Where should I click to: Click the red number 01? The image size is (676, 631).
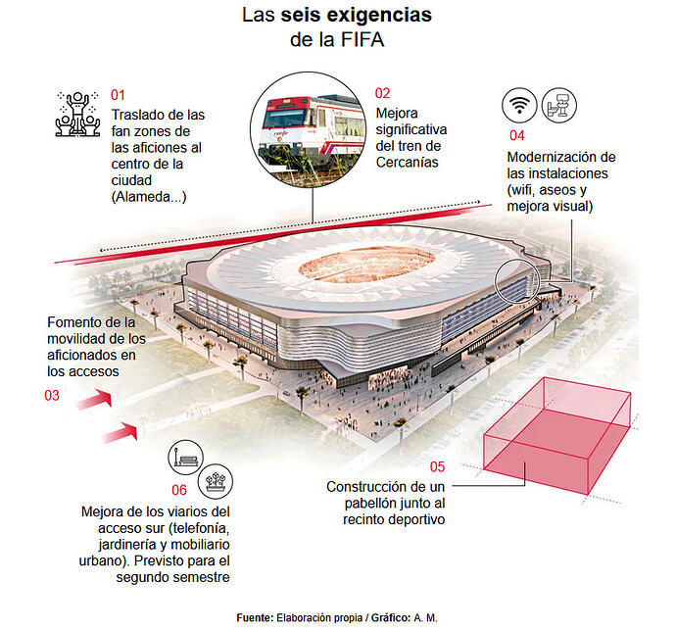click(x=118, y=95)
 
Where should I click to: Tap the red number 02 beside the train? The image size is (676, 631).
click(x=382, y=93)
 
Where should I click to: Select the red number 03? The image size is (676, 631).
click(x=52, y=396)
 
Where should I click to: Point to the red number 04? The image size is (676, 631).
click(x=517, y=135)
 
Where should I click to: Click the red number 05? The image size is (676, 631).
click(x=437, y=466)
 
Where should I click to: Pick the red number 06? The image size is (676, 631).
click(x=179, y=490)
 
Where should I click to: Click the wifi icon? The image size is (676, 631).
click(x=519, y=105)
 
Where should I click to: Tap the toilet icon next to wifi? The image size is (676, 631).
click(x=558, y=105)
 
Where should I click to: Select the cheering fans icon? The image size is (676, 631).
click(x=77, y=114)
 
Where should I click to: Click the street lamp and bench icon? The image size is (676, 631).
click(x=185, y=458)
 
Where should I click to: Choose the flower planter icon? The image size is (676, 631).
click(x=216, y=481)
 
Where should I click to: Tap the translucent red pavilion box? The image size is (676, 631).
click(x=557, y=436)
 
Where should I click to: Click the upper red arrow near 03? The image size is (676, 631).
click(x=94, y=400)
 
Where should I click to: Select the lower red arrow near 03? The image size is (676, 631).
click(x=121, y=433)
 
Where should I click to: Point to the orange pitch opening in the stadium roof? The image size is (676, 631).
click(x=366, y=265)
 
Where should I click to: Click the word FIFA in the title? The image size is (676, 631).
click(x=362, y=39)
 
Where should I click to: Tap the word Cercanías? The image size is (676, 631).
click(x=407, y=163)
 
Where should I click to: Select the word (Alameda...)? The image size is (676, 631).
click(x=149, y=197)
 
